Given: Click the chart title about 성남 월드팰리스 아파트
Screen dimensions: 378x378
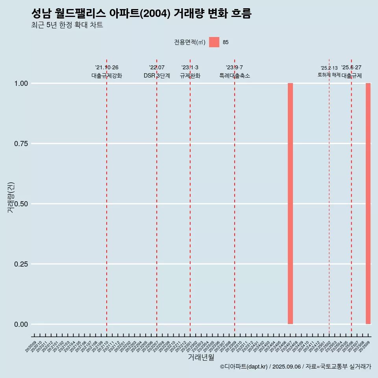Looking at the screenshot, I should pos(141,14).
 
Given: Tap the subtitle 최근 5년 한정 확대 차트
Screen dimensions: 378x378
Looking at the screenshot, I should pos(67,25).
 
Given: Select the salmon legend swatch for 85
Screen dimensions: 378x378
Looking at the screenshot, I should pos(214,42).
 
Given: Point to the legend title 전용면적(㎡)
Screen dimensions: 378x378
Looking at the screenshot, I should pos(190,43).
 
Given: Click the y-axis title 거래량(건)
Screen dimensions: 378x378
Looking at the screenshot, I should pos(11,197).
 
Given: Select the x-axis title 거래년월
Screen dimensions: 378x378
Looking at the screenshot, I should pos(201,357).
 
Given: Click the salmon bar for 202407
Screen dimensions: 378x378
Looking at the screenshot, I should pos(290,204).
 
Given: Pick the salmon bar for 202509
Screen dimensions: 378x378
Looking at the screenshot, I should pos(368,204).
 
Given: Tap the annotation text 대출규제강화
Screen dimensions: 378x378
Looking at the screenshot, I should pos(107,76).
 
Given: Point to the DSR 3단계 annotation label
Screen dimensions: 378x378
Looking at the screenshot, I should pos(157,76).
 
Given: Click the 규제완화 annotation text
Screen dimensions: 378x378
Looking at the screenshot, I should pos(190,76).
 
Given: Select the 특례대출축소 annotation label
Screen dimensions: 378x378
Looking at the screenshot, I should pos(235,76).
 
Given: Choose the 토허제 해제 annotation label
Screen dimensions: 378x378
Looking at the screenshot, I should pos(329,75).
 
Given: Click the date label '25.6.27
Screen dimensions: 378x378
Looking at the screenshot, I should pos(351,68).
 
